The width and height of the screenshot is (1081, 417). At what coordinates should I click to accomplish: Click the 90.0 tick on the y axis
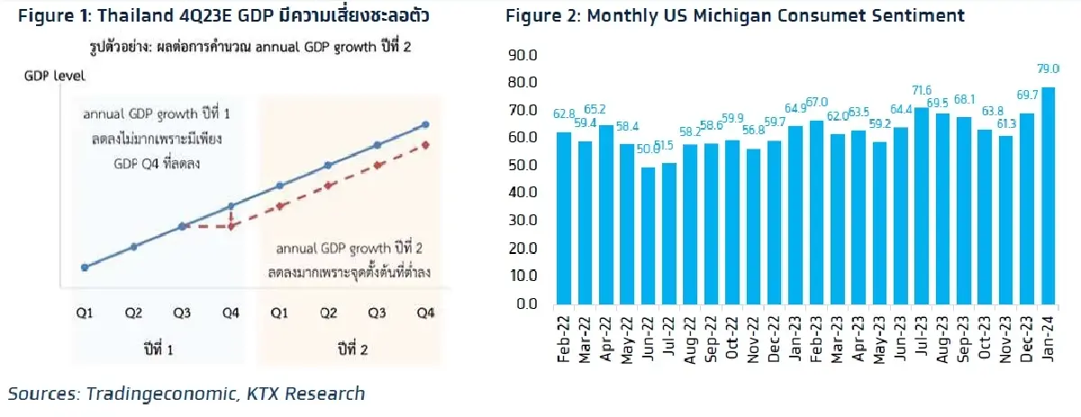(523, 55)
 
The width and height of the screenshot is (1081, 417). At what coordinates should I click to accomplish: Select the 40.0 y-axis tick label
(523, 193)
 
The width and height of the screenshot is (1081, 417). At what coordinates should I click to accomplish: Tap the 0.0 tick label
(528, 304)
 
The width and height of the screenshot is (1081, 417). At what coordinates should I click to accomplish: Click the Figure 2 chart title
(734, 15)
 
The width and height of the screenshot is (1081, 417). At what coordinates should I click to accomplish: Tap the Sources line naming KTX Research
(187, 393)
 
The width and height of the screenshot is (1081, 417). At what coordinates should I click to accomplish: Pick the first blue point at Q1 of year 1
(85, 267)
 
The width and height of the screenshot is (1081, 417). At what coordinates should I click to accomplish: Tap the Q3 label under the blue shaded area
(183, 313)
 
